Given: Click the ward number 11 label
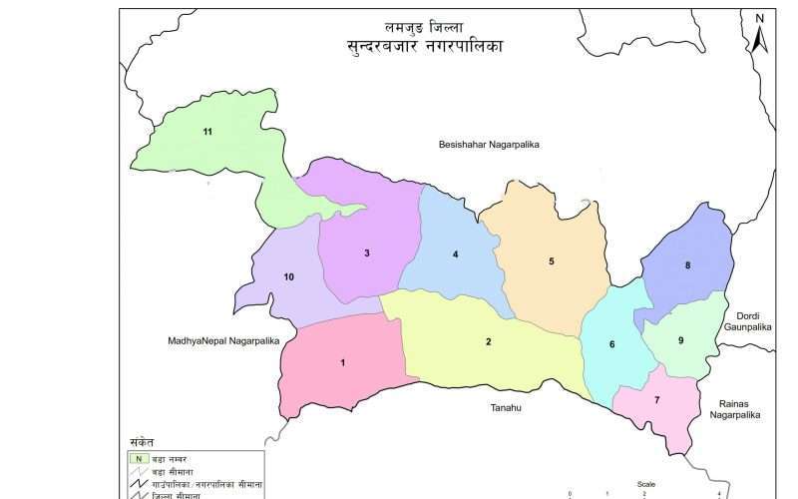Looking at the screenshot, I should click(207, 132).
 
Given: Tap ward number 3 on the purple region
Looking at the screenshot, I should click(367, 253).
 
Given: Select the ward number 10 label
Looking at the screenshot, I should click(289, 276).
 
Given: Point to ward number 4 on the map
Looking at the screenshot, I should click(455, 254).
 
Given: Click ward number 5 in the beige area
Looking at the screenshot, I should click(551, 261).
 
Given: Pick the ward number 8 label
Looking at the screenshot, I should click(687, 265).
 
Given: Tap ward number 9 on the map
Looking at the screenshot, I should click(680, 340).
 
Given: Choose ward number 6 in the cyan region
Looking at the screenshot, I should click(612, 345).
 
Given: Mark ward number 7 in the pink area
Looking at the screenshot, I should click(656, 400).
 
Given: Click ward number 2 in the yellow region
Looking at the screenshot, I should click(489, 342).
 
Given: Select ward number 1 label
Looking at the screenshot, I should click(343, 362).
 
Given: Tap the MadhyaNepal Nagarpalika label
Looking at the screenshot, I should click(223, 341).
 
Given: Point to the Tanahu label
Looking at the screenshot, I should click(506, 407).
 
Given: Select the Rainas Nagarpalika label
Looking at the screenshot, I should click(735, 408).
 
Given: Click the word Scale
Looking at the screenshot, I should click(646, 484).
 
